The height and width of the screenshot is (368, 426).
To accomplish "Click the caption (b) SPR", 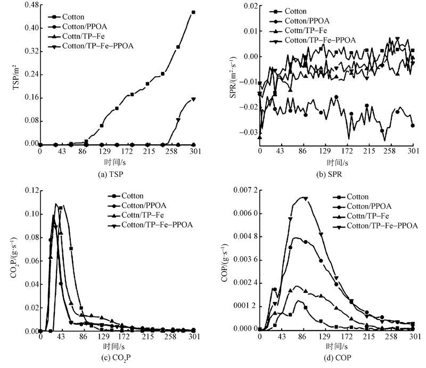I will (335, 173).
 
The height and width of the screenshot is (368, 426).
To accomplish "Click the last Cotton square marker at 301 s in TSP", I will (193, 12).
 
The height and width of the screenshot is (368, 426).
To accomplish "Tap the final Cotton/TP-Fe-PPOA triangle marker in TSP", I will (193, 99).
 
